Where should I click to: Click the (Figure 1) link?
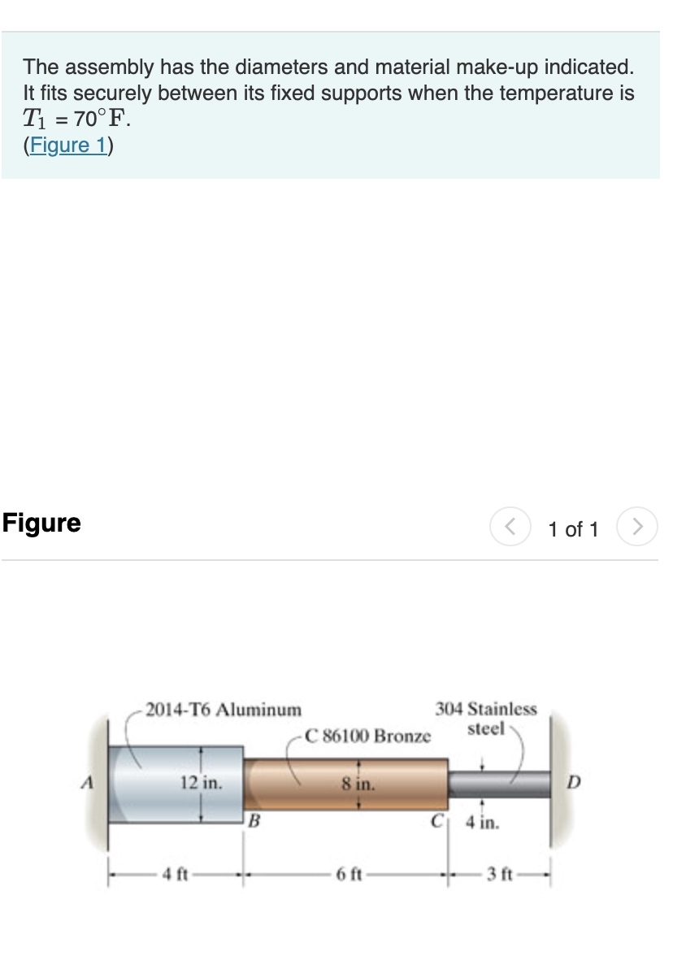(69, 146)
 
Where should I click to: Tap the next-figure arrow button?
(638, 529)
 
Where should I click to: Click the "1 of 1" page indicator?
(572, 530)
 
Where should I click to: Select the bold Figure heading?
(41, 523)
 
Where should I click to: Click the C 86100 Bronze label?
(367, 737)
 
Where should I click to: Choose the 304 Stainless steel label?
(486, 718)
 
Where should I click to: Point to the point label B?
(254, 819)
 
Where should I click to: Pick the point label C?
(436, 819)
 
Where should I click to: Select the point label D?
(575, 784)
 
